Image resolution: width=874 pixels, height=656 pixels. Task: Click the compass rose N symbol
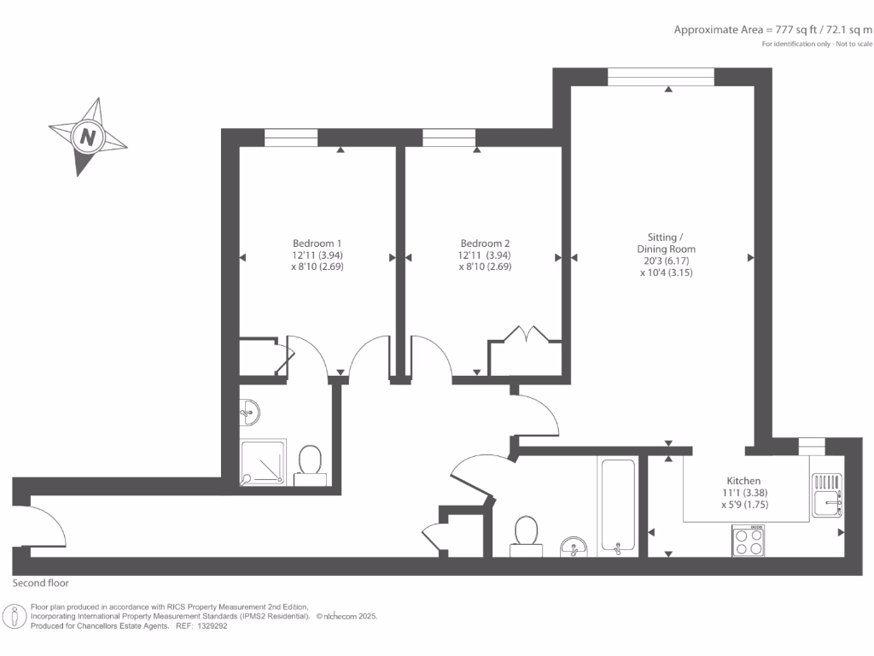88,137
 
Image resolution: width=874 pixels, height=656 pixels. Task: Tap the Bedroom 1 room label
317,243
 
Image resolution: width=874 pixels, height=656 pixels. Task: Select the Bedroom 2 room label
485,243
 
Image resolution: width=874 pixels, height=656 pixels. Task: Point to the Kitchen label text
743,481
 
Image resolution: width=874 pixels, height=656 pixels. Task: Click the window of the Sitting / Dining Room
660,77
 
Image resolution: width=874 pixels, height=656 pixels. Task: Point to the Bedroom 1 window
290,138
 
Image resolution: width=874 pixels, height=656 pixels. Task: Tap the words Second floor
40,583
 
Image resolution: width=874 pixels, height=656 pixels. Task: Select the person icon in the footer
15,617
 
